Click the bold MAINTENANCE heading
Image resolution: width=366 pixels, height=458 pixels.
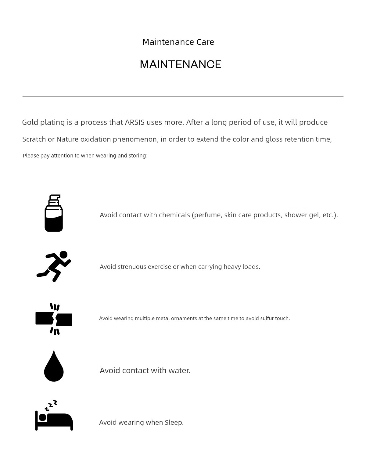[181, 64]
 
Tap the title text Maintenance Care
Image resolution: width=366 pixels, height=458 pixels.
[178, 42]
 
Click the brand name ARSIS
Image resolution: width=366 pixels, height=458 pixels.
[135, 122]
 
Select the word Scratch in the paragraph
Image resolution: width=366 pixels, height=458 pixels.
[34, 139]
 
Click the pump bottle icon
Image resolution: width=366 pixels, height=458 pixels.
[54, 213]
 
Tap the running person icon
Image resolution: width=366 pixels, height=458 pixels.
[54, 266]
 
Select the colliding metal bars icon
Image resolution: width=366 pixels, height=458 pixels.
[54, 319]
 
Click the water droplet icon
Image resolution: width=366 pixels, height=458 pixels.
[54, 366]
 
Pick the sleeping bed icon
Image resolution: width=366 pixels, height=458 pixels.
[54, 416]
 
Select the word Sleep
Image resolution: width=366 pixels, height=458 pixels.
[174, 423]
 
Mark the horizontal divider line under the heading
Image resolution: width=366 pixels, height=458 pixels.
[183, 96]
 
